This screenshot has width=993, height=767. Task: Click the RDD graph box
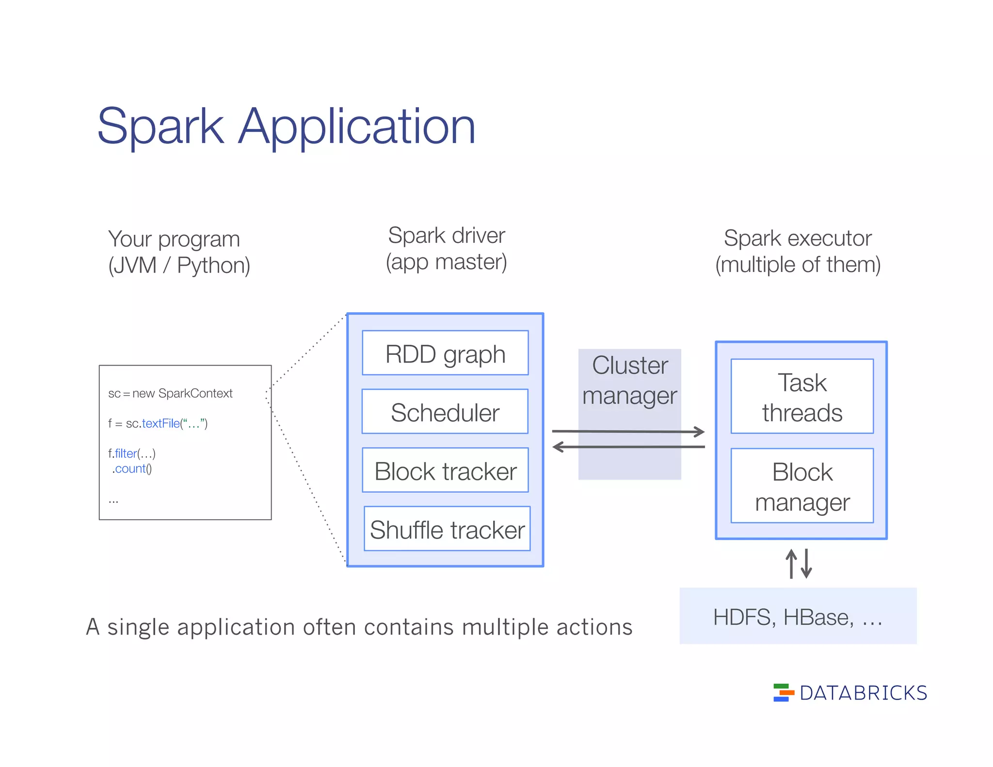445,353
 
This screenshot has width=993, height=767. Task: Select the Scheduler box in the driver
445,412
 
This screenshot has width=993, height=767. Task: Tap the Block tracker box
445,470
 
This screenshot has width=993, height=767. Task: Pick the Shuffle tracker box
447,529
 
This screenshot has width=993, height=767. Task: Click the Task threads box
802,397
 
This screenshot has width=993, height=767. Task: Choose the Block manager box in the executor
802,486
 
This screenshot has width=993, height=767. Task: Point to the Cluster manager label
629,380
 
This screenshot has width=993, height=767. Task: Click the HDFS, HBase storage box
798,616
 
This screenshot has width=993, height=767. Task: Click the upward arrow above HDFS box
791,563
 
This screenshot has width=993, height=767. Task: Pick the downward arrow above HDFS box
806,563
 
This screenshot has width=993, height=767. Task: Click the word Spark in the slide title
160,127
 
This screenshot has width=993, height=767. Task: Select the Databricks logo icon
783,692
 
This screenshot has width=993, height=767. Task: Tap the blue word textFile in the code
160,423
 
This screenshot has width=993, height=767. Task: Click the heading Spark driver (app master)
446,249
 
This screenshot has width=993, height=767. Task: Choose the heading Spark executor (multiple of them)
798,251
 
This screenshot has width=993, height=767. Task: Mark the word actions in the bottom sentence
594,627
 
